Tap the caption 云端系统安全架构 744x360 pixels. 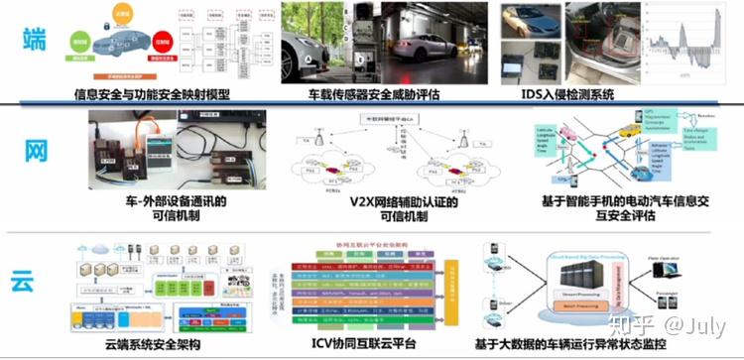(x=147, y=344)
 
